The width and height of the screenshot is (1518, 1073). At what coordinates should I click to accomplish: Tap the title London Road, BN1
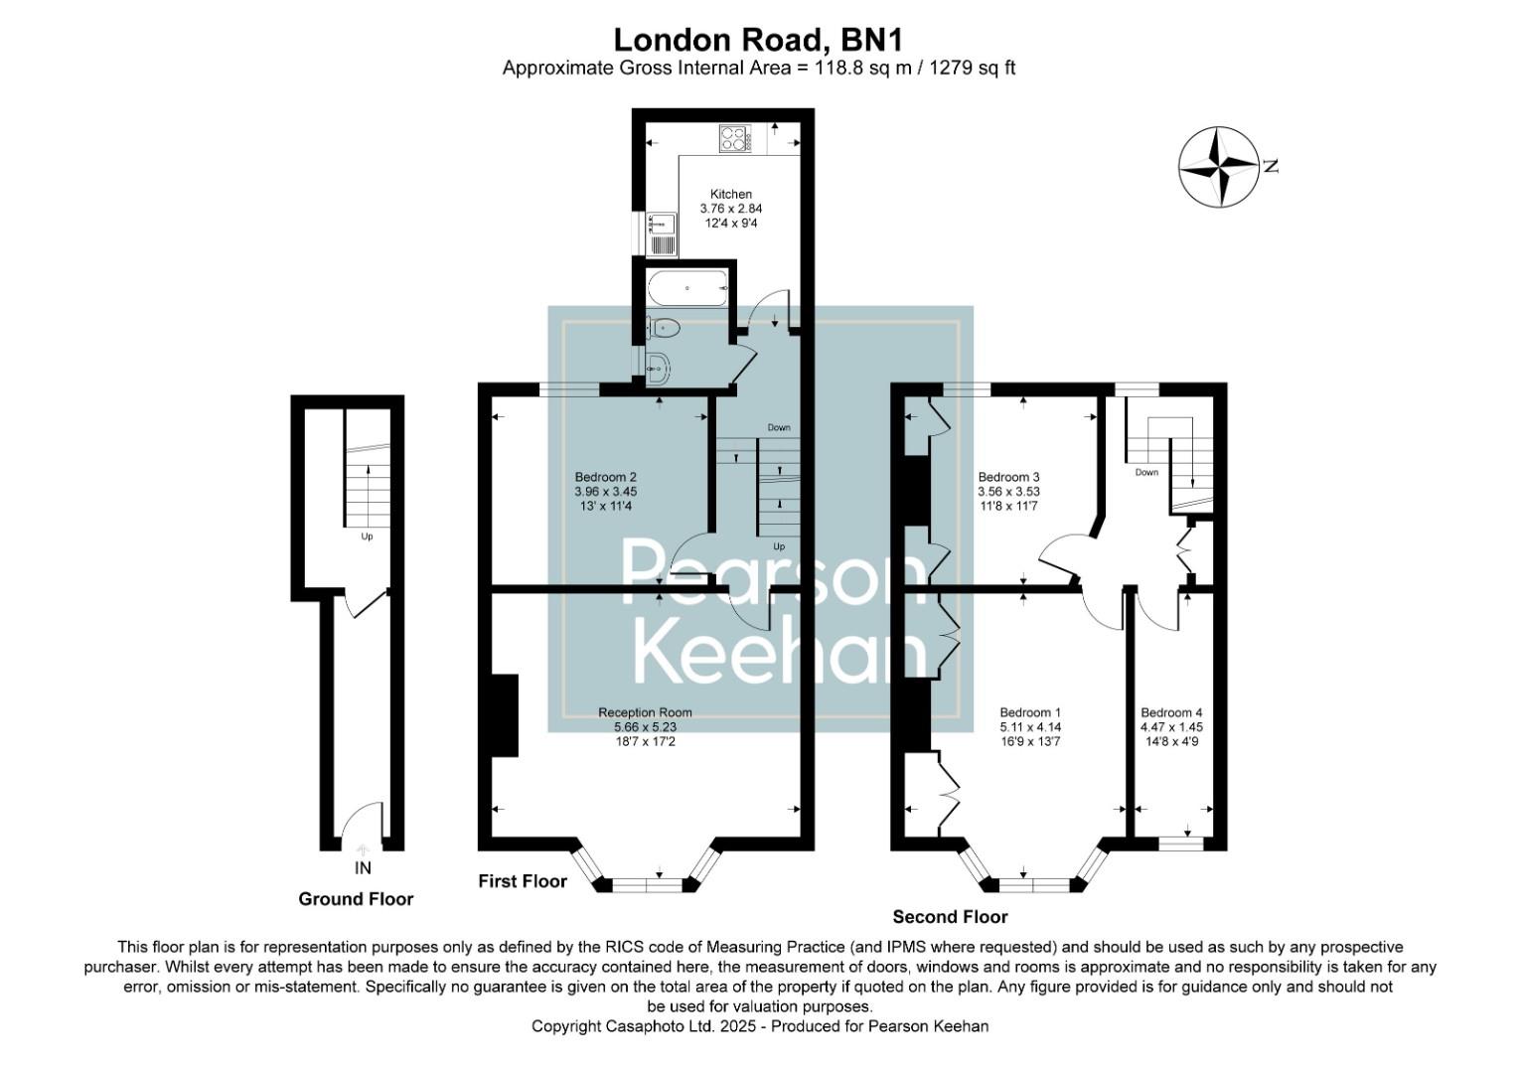758,40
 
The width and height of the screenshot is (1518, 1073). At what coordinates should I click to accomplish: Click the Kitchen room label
730,195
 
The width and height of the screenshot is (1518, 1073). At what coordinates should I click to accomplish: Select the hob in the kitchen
733,138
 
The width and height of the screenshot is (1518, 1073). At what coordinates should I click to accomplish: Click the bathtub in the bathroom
688,289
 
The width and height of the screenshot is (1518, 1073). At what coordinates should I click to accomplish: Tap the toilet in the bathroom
664,327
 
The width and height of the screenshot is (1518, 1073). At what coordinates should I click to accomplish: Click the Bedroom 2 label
605,478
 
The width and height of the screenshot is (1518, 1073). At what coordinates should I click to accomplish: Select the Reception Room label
645,712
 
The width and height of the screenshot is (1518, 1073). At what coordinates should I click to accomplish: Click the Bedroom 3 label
1008,478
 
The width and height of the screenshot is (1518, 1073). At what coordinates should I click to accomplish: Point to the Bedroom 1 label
1030,712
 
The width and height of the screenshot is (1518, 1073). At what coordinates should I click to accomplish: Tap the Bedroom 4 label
1171,712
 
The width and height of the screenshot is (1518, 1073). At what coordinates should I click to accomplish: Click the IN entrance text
363,868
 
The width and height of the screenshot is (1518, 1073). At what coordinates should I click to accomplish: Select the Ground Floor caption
356,899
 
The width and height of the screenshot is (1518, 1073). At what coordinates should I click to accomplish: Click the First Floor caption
523,881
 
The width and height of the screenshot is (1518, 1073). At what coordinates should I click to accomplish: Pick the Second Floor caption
950,917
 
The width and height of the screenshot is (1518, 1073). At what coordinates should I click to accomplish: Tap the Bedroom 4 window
1181,843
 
